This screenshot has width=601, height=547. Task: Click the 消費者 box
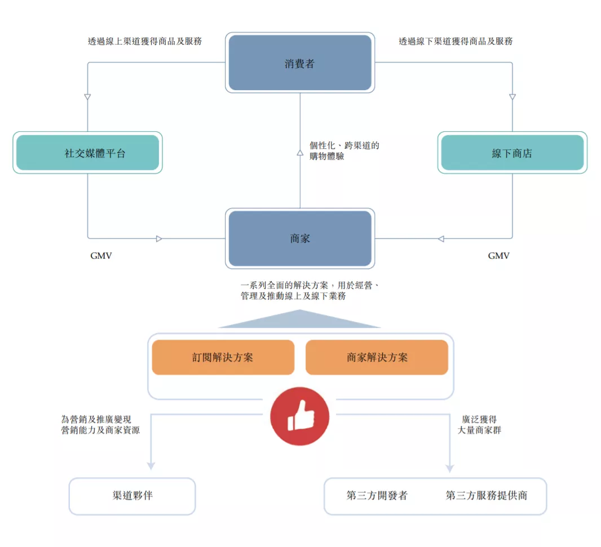point(300,63)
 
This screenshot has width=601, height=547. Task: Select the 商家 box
point(300,238)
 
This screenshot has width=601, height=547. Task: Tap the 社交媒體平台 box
point(87,153)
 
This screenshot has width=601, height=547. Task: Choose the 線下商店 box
point(512,153)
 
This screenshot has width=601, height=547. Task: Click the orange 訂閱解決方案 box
point(223,357)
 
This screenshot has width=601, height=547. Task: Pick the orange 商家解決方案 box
point(377,357)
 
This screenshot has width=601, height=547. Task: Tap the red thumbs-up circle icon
point(299,417)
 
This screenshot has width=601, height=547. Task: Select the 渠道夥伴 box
point(132,496)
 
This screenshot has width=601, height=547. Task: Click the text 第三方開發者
point(377,496)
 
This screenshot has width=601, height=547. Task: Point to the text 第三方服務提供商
point(487,496)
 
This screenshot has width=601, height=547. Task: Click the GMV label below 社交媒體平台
point(101,256)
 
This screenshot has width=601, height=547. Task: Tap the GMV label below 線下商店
point(498,256)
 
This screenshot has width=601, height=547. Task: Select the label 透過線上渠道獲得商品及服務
point(145,41)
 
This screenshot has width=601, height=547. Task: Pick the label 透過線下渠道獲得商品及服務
point(456,41)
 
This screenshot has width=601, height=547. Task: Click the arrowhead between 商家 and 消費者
point(300,152)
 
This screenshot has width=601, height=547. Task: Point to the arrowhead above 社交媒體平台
point(87,97)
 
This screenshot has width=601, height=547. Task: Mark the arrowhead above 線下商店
point(512,97)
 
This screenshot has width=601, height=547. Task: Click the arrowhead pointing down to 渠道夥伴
point(151,466)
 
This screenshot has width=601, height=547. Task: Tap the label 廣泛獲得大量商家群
point(479,425)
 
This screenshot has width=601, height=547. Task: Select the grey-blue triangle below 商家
point(300,320)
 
